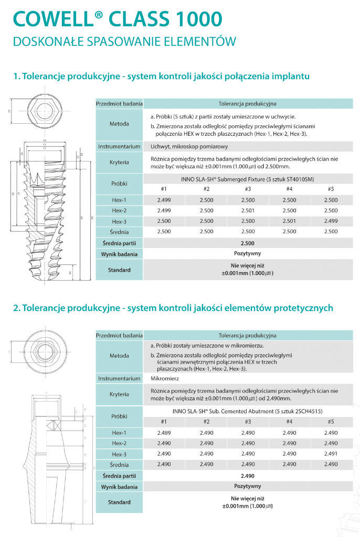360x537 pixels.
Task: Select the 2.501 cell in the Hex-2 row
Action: (x=248, y=210)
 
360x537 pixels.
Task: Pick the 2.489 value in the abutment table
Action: (x=164, y=433)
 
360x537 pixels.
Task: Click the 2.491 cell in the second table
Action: (x=331, y=454)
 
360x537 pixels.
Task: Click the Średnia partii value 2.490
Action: (x=247, y=476)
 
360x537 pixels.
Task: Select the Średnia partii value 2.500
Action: (x=247, y=243)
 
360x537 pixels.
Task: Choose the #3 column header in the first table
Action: (x=248, y=189)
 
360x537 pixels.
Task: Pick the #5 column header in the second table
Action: (x=331, y=422)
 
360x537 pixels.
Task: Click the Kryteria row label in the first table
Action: (x=119, y=162)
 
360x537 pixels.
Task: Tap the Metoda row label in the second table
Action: (x=119, y=356)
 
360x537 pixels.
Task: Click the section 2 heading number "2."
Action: (x=17, y=308)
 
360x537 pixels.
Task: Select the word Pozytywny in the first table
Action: (x=247, y=254)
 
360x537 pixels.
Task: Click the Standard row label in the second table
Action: (x=119, y=502)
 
